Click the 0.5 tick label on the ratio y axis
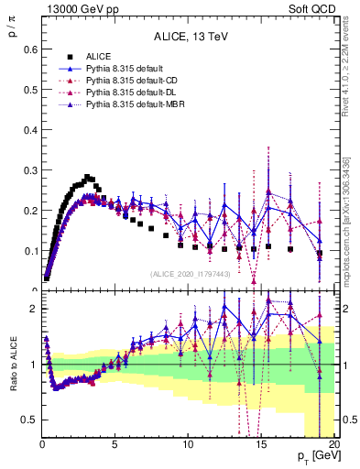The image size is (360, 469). click(x=29, y=420)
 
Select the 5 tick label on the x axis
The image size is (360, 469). click(x=114, y=446)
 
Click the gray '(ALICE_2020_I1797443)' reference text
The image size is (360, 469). click(x=190, y=274)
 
